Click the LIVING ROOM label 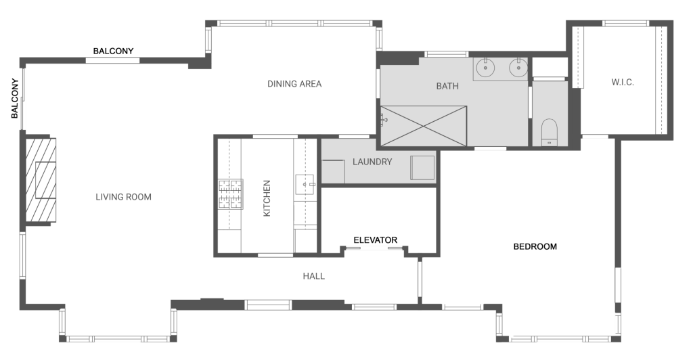[x=123, y=197]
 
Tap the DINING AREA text [x=294, y=84]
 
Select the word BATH [x=447, y=86]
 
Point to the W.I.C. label [x=622, y=83]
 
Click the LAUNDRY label [x=372, y=162]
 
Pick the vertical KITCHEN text [x=267, y=198]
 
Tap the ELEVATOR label [x=375, y=240]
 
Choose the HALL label [x=313, y=276]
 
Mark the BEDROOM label [x=535, y=246]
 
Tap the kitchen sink [x=305, y=183]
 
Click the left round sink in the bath [x=486, y=68]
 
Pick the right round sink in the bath [x=518, y=68]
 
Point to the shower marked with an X [x=424, y=125]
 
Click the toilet [x=549, y=131]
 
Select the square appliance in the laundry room [x=422, y=167]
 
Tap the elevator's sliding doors [x=374, y=250]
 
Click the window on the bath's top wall [x=447, y=53]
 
